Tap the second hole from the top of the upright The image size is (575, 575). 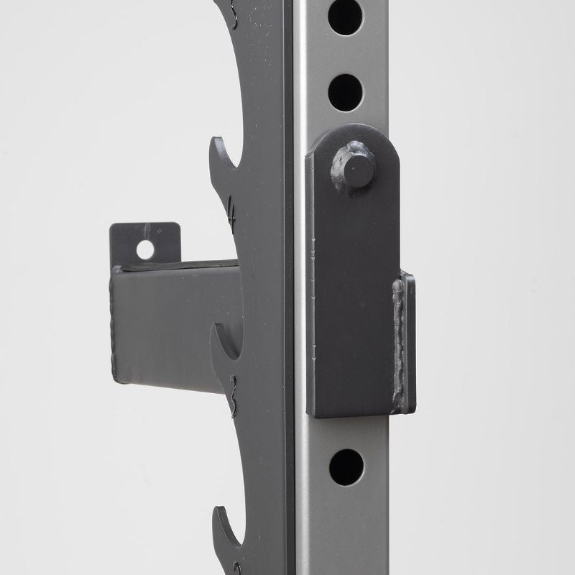346,92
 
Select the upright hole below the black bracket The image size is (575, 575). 346,467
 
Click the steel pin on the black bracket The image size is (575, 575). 356,170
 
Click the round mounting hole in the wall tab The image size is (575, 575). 145,249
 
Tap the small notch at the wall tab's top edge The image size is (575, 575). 146,229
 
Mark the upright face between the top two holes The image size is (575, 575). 346,55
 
